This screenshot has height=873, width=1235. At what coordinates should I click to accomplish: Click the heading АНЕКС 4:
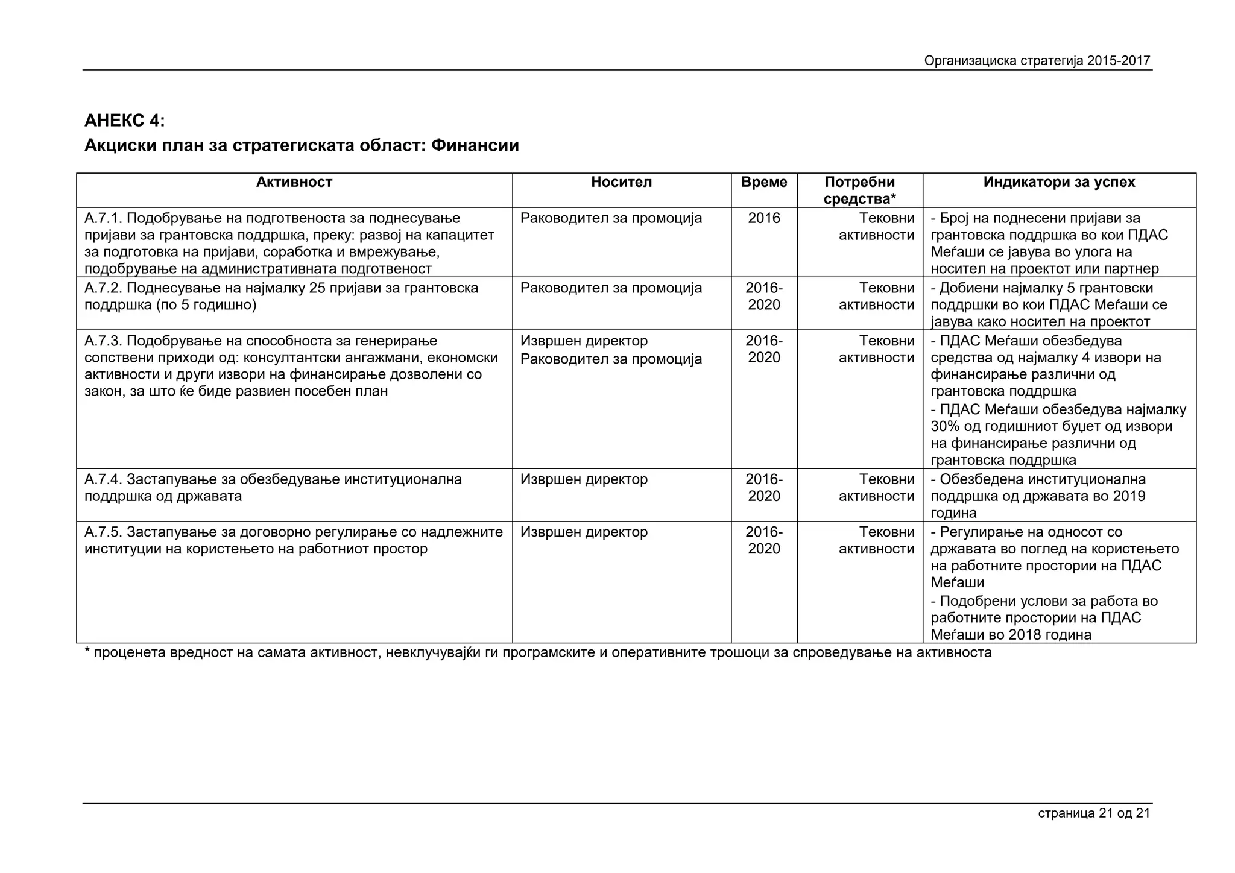click(124, 121)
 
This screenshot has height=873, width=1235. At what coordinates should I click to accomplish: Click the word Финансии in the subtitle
click(475, 145)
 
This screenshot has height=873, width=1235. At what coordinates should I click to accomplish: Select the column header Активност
click(294, 182)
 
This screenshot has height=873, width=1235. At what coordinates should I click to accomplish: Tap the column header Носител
click(621, 182)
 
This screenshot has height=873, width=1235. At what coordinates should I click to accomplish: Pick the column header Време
click(763, 182)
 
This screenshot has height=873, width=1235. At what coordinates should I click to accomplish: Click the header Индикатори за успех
click(1058, 182)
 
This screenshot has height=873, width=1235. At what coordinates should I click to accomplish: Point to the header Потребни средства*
click(859, 191)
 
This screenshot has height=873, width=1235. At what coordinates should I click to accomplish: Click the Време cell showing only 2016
click(763, 218)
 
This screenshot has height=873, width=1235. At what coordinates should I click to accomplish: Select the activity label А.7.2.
click(103, 288)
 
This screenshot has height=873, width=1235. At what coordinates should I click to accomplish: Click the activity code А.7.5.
click(103, 532)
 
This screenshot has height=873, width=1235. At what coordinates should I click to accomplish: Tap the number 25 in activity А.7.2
click(317, 288)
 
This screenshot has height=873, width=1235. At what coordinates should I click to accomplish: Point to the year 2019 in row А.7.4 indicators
click(1129, 496)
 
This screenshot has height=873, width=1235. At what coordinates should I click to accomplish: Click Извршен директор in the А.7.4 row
click(584, 479)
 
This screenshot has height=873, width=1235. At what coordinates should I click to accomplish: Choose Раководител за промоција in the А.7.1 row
click(611, 218)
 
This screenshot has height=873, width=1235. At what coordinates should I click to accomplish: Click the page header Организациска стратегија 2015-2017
click(1037, 61)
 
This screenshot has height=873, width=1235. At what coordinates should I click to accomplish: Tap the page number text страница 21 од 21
click(1093, 813)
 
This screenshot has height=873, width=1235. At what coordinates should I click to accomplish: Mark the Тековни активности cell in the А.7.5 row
click(876, 541)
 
